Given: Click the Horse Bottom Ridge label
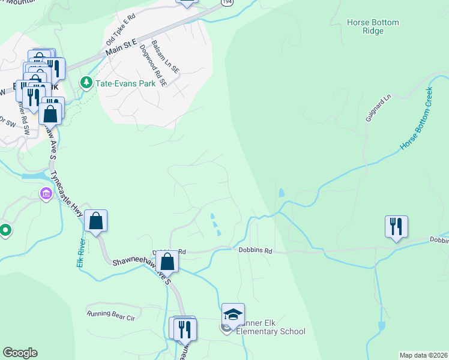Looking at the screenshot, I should (x=372, y=27).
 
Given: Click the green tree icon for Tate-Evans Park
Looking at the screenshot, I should (x=86, y=83).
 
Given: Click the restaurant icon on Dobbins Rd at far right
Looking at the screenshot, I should (x=396, y=227).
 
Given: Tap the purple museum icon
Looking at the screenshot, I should (x=46, y=194).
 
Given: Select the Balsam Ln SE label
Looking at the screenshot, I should (x=166, y=57).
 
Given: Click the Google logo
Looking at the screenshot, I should (x=20, y=353).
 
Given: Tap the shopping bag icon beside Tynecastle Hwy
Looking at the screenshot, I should (x=95, y=221).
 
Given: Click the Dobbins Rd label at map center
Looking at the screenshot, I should (x=255, y=250).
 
